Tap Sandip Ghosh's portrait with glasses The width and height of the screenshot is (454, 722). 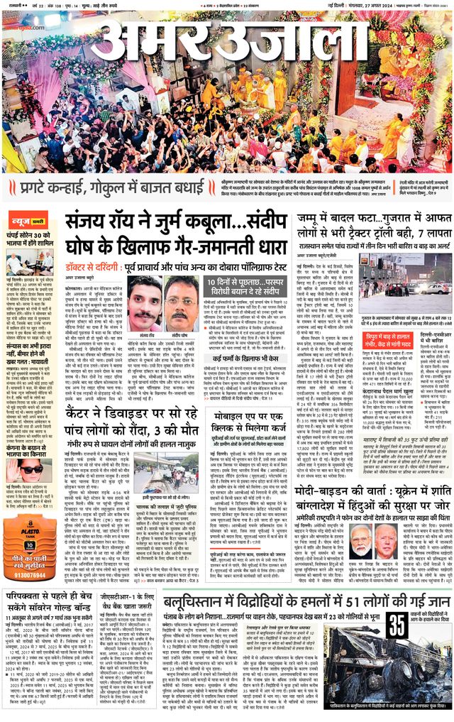182,302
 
